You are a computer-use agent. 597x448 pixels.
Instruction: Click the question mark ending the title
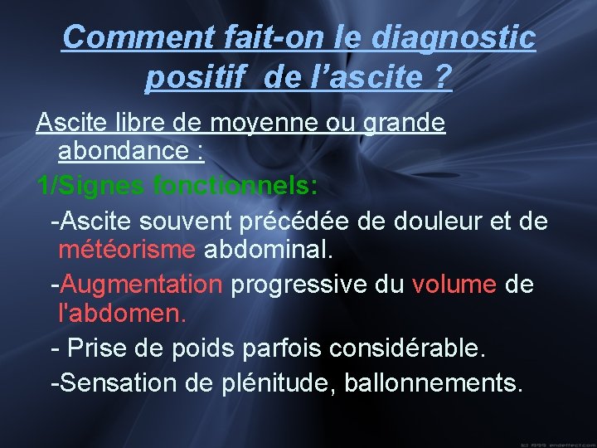click(443, 78)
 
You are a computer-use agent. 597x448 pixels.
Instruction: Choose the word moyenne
click(254, 124)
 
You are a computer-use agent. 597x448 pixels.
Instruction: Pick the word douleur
click(451, 222)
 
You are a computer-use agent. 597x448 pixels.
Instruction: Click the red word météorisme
click(127, 249)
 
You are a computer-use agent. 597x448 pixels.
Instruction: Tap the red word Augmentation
click(142, 285)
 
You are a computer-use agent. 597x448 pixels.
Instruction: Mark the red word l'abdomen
click(123, 314)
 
